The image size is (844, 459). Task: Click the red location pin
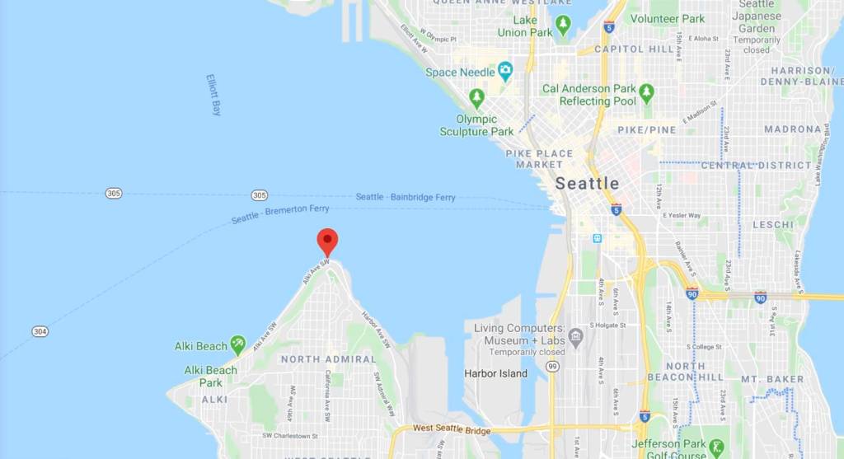coord(327,241)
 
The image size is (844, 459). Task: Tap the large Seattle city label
coord(587,183)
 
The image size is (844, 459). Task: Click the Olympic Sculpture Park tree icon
coord(476,98)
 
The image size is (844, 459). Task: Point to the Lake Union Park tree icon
coord(563,25)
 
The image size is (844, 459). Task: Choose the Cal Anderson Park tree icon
coord(646,93)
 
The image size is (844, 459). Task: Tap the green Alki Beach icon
coord(237,344)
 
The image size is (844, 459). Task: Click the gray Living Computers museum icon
coord(575,335)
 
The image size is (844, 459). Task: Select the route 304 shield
coord(40,331)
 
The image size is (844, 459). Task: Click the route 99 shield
coord(551,366)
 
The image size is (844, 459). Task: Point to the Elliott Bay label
coord(214,95)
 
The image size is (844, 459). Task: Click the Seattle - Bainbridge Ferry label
coord(406,198)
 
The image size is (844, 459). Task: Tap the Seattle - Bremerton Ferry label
coord(280,214)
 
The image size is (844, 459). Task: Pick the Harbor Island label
coord(496,372)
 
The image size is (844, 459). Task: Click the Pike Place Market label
coord(539,158)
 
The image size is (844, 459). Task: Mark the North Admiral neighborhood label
coord(327,359)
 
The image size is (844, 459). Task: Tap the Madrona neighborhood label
coord(791,129)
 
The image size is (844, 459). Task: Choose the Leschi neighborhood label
coord(772,224)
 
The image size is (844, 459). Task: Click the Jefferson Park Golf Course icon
coord(715,447)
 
